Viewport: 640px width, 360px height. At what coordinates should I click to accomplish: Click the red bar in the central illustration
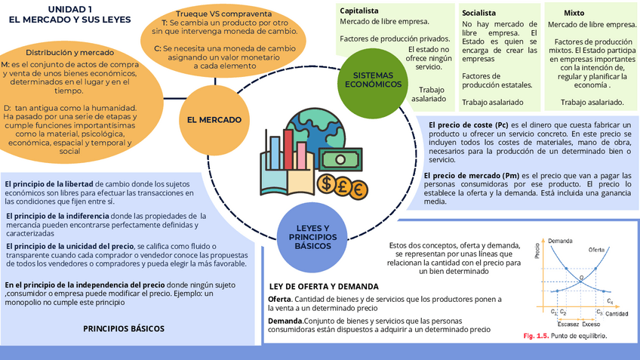288,148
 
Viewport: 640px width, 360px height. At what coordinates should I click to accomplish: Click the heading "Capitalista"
360,11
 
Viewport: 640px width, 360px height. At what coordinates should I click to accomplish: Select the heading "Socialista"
478,13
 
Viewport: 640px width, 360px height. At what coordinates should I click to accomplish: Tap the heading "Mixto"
574,13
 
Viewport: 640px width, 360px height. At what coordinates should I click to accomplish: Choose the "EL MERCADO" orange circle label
214,119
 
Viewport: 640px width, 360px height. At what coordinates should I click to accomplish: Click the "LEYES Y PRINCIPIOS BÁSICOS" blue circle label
313,237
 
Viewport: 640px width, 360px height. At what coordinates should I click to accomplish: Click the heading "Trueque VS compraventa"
223,14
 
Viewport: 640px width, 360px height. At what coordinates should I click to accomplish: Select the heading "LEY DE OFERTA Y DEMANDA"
324,287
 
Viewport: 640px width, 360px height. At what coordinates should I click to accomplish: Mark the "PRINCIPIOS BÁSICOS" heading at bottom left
123,329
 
